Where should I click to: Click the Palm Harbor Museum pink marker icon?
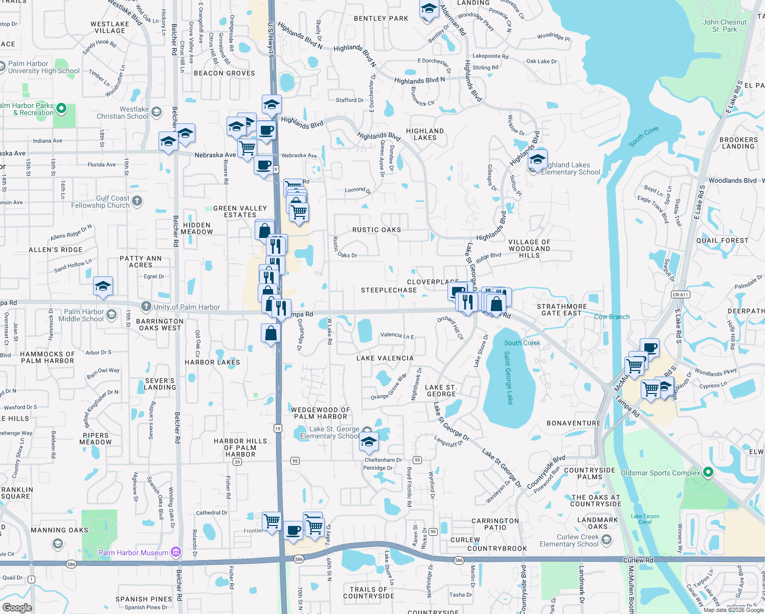click(176, 552)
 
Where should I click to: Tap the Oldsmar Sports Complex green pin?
click(708, 472)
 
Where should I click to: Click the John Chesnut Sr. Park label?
click(724, 26)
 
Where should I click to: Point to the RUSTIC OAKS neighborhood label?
click(376, 230)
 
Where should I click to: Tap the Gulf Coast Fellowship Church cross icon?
click(137, 201)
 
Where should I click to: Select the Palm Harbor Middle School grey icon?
click(111, 315)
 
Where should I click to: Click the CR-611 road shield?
click(680, 295)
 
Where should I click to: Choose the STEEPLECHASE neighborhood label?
click(389, 290)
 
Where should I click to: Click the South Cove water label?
click(643, 137)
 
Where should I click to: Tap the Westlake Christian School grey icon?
click(156, 112)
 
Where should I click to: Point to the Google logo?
click(17, 607)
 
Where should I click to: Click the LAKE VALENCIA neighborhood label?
click(385, 358)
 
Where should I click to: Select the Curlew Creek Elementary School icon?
click(606, 540)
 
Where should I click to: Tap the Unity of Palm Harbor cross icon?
click(146, 306)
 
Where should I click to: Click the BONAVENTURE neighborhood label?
click(573, 423)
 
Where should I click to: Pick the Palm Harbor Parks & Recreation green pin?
click(61, 108)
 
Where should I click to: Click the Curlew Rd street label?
click(638, 560)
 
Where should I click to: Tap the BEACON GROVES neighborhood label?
click(224, 73)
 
